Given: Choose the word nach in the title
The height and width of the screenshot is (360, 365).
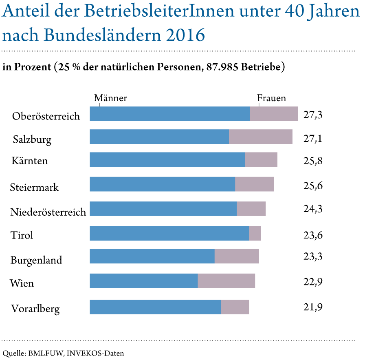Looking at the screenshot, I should (20, 36).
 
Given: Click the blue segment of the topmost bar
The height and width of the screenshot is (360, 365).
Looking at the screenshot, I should (169, 114).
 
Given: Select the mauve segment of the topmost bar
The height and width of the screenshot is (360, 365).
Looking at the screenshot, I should (274, 114).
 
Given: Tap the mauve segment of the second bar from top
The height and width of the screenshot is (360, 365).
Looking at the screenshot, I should (261, 137).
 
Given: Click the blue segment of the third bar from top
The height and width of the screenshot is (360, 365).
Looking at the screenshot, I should (167, 159).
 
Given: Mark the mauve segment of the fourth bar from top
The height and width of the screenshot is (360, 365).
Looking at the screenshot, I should (255, 184).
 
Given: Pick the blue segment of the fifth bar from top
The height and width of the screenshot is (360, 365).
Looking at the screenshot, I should (163, 209).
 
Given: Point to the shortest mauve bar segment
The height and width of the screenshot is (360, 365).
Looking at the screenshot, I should (255, 233).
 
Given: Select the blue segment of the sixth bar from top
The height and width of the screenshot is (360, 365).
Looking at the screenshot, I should (169, 233).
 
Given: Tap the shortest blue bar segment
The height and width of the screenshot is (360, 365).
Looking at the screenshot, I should (143, 281).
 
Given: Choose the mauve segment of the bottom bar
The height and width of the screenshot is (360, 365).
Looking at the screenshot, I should (235, 307).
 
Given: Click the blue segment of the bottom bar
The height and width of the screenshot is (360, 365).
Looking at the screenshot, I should (155, 307).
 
